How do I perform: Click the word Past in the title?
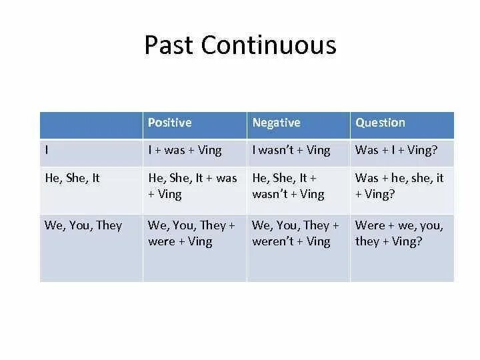click(169, 45)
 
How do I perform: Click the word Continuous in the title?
click(269, 45)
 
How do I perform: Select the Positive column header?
click(170, 123)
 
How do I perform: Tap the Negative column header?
click(277, 123)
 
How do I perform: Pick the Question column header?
click(380, 123)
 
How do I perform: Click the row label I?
click(47, 150)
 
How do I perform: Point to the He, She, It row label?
click(72, 178)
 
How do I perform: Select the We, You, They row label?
click(83, 225)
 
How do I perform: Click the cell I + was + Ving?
click(185, 150)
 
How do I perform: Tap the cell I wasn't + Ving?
click(291, 150)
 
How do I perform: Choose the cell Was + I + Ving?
click(397, 150)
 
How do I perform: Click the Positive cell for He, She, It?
click(193, 186)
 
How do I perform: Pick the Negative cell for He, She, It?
click(289, 186)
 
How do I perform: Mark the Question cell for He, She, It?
click(399, 186)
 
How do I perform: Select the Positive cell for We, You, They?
click(191, 233)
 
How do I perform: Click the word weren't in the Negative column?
click(273, 241)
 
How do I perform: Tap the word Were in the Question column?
click(370, 225)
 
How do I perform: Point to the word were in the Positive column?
click(161, 242)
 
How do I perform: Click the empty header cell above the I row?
click(91, 125)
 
